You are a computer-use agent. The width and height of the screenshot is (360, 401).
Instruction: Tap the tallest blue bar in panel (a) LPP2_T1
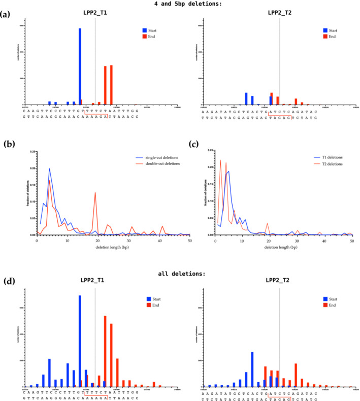point(80,66)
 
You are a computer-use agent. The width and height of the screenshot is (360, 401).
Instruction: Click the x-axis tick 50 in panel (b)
point(189,240)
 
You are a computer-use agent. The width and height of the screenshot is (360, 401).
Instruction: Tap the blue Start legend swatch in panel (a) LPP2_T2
point(325,30)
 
